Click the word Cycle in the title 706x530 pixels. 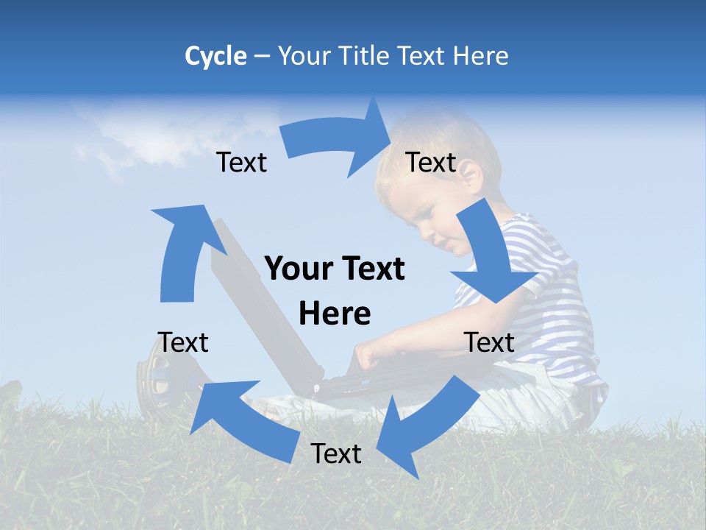215,56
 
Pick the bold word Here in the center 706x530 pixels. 335,314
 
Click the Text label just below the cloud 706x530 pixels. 241,162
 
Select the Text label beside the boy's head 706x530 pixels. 431,162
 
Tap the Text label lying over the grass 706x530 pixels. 336,453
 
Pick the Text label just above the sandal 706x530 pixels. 183,342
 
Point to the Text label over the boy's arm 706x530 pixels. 489,342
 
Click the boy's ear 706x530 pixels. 470,177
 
